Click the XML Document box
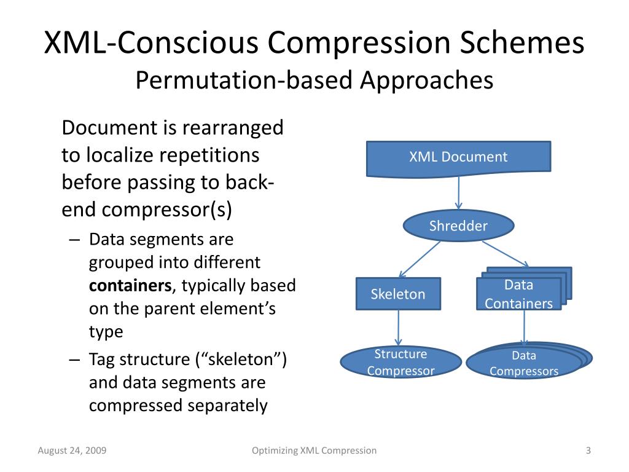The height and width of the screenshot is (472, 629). click(x=458, y=157)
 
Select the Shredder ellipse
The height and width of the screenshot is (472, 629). click(x=458, y=226)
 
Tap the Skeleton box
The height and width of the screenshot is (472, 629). click(x=398, y=294)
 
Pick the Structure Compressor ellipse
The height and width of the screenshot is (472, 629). click(x=400, y=362)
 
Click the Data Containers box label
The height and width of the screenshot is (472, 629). click(x=519, y=294)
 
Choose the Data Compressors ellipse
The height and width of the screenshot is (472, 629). click(x=524, y=363)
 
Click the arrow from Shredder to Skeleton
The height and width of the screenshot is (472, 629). click(x=420, y=259)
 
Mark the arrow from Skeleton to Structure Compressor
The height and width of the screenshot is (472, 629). click(x=399, y=328)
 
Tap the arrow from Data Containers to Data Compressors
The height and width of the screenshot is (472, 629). click(x=524, y=327)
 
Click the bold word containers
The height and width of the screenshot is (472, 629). click(x=130, y=286)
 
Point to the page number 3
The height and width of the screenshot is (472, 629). click(x=588, y=450)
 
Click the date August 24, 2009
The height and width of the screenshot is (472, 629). click(x=72, y=450)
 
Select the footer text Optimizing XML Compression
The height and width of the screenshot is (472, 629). click(x=314, y=450)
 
